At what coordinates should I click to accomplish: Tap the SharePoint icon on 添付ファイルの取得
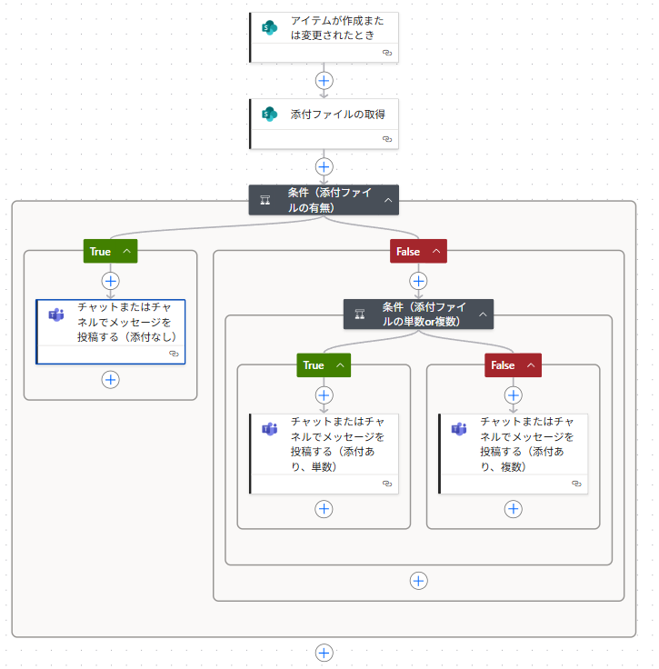[x=269, y=115]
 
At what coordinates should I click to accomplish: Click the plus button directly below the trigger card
[x=324, y=80]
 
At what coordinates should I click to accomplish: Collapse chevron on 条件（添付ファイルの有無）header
[x=388, y=200]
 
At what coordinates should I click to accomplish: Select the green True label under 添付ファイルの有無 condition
[x=101, y=252]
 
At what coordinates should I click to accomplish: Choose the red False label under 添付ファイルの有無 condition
[x=408, y=252]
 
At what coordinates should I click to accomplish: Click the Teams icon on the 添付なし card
[x=56, y=315]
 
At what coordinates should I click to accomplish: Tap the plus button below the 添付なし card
[x=111, y=379]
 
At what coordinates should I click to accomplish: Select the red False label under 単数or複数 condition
[x=503, y=365]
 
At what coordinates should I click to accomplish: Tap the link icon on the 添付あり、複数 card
[x=576, y=484]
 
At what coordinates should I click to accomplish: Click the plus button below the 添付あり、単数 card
[x=324, y=509]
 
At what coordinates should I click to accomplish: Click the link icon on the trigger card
[x=387, y=54]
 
